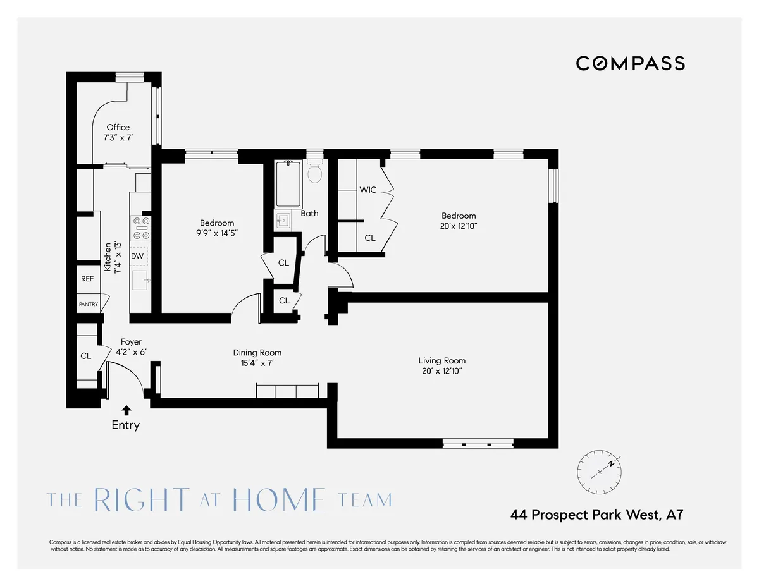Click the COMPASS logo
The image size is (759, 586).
[x=630, y=63]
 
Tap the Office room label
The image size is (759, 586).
[x=118, y=127]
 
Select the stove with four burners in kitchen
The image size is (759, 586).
[x=140, y=228]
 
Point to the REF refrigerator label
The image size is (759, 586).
[x=87, y=279]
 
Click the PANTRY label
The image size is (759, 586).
[x=89, y=304]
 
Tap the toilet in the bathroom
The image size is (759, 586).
[x=314, y=172]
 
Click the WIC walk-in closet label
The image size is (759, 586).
[x=368, y=190]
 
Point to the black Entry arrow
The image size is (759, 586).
[x=126, y=410]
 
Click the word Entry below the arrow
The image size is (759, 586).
[x=125, y=425]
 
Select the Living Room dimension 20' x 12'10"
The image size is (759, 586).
[x=441, y=371]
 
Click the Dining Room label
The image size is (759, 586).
[x=257, y=353]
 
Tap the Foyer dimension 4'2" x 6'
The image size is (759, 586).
[x=130, y=351]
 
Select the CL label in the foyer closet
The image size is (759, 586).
[x=85, y=356]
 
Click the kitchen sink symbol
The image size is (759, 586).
[x=140, y=279]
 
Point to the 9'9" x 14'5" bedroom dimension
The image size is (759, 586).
[x=217, y=233]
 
